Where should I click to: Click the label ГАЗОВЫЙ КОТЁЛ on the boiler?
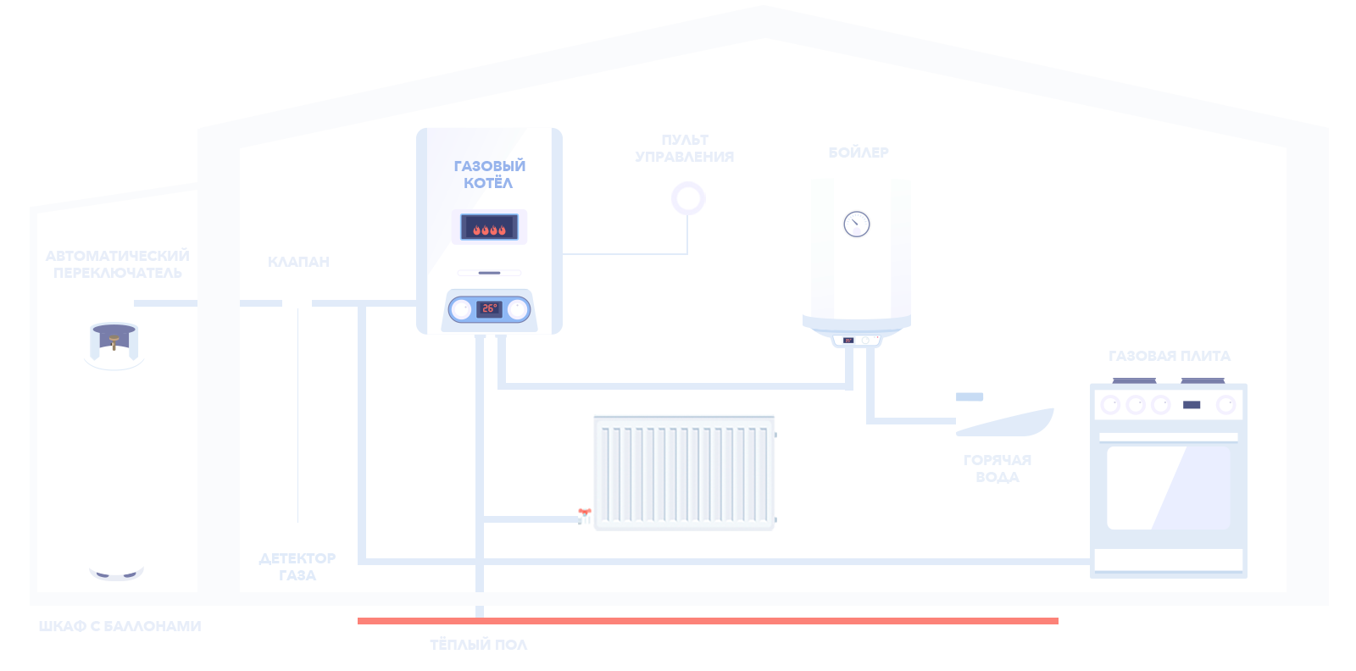click(x=489, y=175)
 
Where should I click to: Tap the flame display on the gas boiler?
click(x=489, y=227)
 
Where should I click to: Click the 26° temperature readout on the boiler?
click(x=489, y=308)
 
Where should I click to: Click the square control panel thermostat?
click(x=688, y=199)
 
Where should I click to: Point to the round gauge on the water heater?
click(x=857, y=224)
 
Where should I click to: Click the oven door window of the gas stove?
click(x=1168, y=488)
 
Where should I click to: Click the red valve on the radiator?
click(x=584, y=507)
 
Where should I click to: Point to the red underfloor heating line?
click(x=708, y=622)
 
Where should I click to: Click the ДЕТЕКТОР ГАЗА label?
click(x=297, y=567)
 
